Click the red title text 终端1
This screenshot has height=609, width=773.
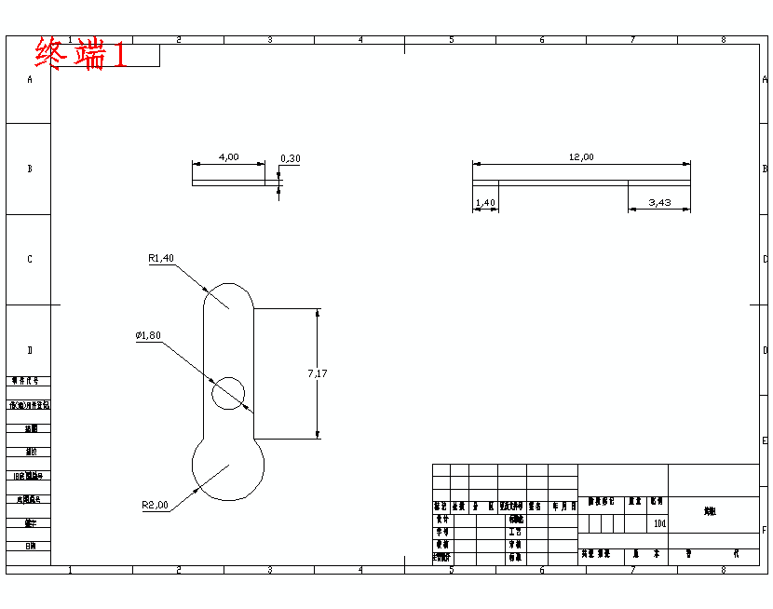(x=81, y=54)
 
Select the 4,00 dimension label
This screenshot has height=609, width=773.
(x=228, y=156)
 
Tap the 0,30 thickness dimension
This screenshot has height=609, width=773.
(x=291, y=158)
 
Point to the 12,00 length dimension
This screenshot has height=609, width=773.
(x=581, y=157)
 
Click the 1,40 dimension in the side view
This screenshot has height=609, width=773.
(x=485, y=202)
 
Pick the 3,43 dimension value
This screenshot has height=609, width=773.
(x=659, y=202)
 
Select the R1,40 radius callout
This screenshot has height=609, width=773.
(x=161, y=258)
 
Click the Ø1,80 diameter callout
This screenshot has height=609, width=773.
(x=148, y=335)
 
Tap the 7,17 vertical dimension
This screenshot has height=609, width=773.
(x=318, y=373)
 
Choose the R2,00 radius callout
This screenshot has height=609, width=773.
(x=155, y=505)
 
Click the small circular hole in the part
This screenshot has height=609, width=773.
(x=228, y=393)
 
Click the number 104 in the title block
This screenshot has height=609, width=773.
(x=659, y=523)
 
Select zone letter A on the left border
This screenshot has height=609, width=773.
(x=29, y=80)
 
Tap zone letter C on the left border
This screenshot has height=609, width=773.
(x=29, y=259)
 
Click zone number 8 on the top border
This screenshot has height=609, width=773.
(x=723, y=40)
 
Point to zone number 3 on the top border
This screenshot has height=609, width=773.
(x=269, y=40)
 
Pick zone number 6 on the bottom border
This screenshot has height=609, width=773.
(x=541, y=569)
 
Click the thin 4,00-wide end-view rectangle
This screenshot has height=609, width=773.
(x=235, y=183)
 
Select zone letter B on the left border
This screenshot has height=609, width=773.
(x=29, y=169)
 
